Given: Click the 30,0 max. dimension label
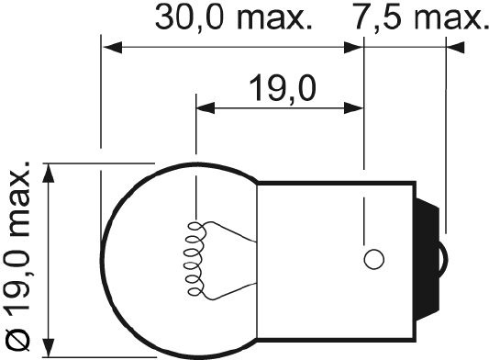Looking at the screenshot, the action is click(x=233, y=18).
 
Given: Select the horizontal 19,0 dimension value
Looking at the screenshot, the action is click(x=283, y=89).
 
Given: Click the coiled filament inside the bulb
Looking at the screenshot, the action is click(x=194, y=259).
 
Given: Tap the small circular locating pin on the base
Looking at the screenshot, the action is click(x=373, y=259).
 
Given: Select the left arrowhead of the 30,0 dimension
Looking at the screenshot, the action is click(x=113, y=48).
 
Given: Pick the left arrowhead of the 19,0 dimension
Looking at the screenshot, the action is click(x=206, y=108).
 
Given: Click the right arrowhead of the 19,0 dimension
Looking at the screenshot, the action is click(x=353, y=108).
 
